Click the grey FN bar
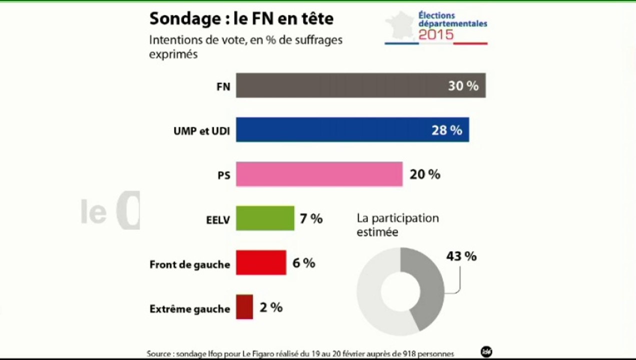[x=340, y=85]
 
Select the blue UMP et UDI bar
[x=330, y=130]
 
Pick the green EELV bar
[x=265, y=218]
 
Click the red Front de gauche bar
[x=261, y=263]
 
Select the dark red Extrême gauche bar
[x=244, y=307]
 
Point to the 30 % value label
[x=463, y=86]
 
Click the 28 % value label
[x=446, y=130]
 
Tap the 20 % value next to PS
[x=425, y=174]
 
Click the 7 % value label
[x=311, y=218]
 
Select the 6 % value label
[x=303, y=263]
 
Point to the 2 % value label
[x=271, y=307]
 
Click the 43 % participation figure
[x=461, y=256]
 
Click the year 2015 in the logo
[x=436, y=34]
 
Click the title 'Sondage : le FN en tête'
[x=241, y=19]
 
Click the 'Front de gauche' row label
[x=189, y=264]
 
